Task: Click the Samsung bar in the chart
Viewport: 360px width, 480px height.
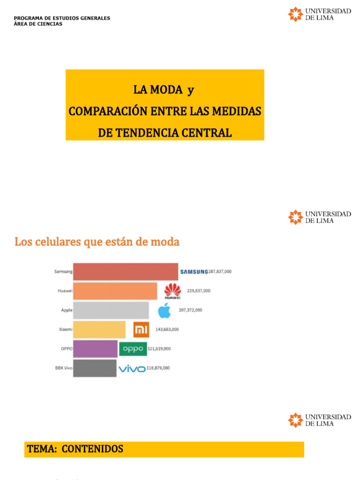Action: tap(126, 272)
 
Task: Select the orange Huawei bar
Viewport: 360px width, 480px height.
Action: tap(115, 291)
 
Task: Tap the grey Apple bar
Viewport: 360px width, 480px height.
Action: tap(111, 310)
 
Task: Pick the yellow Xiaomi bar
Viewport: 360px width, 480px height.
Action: tap(99, 330)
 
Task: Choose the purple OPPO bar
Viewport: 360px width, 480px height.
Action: tap(95, 349)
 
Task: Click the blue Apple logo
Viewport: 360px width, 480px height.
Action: tap(164, 310)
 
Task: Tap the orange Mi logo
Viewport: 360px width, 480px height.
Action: tap(141, 330)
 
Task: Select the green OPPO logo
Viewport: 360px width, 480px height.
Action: tap(133, 349)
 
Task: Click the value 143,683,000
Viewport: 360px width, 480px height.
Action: tap(167, 330)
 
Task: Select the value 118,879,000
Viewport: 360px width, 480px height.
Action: tap(158, 368)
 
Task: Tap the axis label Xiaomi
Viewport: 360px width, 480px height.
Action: tap(65, 330)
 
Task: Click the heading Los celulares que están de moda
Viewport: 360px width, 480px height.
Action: tap(97, 242)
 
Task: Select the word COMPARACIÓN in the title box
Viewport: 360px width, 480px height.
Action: tap(108, 112)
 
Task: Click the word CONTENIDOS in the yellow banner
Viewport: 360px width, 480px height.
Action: tap(92, 449)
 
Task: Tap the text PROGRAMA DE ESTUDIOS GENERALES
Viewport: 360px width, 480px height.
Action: tap(62, 18)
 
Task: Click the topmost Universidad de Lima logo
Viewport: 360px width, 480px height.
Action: tap(319, 14)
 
